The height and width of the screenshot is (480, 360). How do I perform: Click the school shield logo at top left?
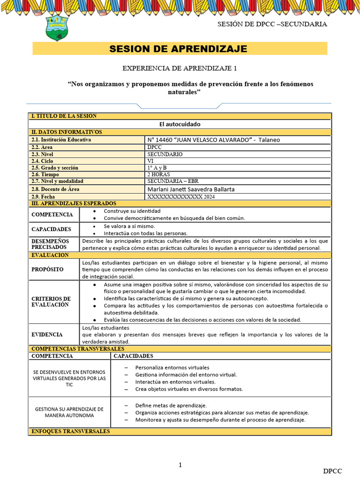[x=59, y=28]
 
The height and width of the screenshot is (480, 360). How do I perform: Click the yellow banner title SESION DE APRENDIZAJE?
[x=178, y=49]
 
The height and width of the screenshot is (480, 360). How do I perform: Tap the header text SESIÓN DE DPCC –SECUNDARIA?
[x=272, y=24]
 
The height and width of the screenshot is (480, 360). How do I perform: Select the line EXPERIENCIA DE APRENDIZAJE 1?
[x=180, y=68]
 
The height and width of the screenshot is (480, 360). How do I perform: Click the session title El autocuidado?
[x=180, y=124]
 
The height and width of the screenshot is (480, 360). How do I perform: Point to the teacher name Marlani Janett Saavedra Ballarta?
[x=191, y=189]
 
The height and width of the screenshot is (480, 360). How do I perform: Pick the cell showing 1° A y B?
[x=157, y=167]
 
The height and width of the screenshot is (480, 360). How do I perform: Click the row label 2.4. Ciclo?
[x=42, y=161]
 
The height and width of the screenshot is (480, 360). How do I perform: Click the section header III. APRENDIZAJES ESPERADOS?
[x=74, y=203]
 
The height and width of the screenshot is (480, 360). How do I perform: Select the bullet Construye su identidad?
[x=132, y=211]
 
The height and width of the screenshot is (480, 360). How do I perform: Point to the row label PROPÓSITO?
[x=48, y=270]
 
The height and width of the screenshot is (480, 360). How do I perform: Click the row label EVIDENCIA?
[x=47, y=335]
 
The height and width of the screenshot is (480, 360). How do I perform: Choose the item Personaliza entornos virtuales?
[x=172, y=367]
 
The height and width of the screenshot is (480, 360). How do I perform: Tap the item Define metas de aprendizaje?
[x=171, y=405]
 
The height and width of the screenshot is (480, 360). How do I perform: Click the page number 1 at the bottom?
[x=180, y=465]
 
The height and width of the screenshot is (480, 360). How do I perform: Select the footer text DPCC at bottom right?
[x=332, y=471]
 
